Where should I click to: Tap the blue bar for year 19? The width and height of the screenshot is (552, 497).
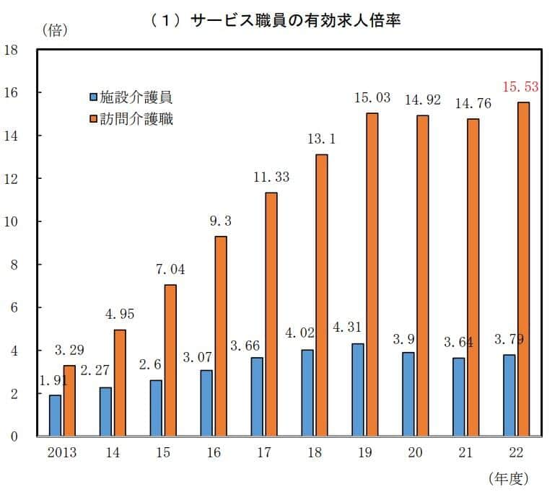(x=358, y=390)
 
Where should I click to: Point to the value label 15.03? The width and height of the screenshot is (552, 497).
(x=372, y=97)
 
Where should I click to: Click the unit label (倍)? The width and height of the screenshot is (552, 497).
(x=56, y=30)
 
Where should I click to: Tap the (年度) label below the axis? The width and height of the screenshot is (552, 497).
(x=509, y=478)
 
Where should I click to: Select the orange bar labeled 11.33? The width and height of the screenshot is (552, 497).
(x=271, y=314)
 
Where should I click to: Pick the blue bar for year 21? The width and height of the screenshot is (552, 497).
(x=459, y=397)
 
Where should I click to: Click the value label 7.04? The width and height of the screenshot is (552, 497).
(x=170, y=269)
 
